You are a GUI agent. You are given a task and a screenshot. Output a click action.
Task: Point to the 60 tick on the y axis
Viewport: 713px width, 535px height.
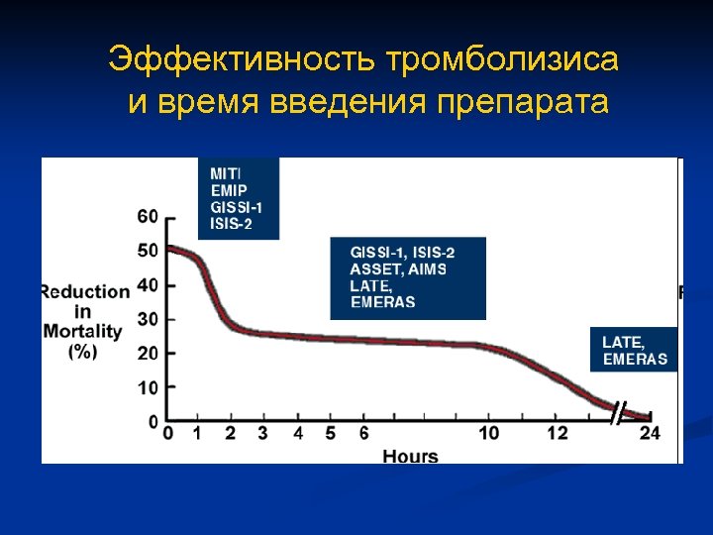(147, 217)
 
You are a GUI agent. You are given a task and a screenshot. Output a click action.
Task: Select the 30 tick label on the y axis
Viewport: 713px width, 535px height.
(147, 319)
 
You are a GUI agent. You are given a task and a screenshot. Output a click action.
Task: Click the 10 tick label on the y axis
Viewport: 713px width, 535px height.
(147, 387)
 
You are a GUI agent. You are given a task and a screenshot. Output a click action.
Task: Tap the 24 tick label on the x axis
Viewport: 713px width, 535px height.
(650, 433)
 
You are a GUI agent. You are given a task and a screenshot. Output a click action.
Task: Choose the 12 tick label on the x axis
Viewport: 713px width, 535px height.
(558, 433)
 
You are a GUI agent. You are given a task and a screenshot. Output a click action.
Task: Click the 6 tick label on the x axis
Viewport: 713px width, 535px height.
(363, 433)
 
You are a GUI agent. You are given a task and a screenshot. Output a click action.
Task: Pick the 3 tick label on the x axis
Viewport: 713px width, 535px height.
(262, 433)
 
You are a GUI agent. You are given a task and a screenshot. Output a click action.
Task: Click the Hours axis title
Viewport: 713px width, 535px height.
(410, 456)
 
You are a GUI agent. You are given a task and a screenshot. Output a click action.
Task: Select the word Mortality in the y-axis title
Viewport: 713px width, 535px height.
(82, 331)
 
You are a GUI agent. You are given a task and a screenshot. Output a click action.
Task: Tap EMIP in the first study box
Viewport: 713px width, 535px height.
(228, 189)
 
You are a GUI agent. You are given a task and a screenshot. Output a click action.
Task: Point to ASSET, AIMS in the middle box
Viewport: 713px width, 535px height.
(398, 268)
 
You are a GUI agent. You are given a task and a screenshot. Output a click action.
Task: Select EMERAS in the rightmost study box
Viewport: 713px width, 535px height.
(635, 359)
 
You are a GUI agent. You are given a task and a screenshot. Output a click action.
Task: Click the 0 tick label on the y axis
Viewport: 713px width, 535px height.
(152, 422)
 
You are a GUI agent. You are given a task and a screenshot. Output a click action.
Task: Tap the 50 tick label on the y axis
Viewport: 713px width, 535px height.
(147, 251)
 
